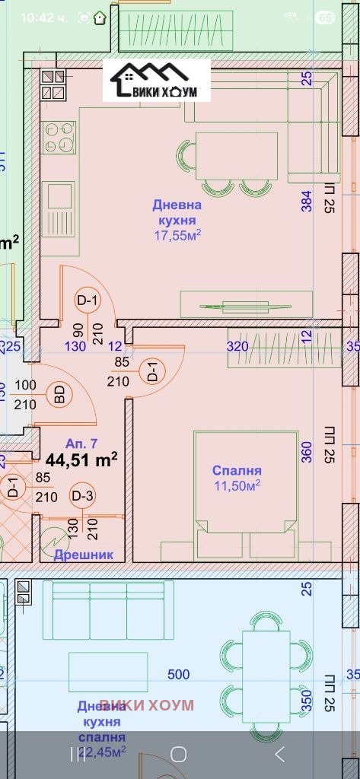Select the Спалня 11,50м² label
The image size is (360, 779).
click(x=237, y=478)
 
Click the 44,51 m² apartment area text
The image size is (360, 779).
click(x=81, y=459)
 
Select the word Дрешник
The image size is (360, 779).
click(x=84, y=555)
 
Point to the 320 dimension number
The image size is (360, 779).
click(x=238, y=346)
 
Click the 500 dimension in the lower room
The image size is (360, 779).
click(x=178, y=674)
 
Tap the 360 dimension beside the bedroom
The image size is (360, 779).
click(x=307, y=452)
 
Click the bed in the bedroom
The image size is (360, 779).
click(x=244, y=494)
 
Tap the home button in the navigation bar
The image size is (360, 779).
click(x=178, y=754)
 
